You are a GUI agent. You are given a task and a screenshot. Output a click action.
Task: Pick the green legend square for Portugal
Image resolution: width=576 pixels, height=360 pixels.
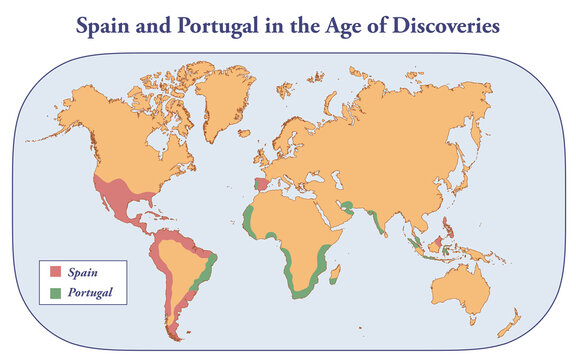[56, 293]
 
